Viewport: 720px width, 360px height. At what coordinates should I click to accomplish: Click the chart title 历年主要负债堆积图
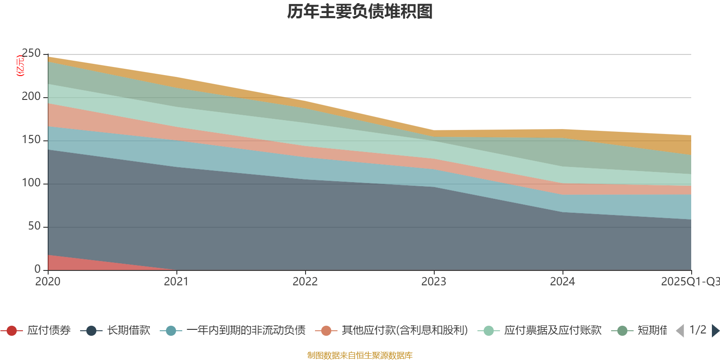(x=360, y=12)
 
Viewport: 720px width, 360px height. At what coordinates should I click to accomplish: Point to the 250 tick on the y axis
(x=31, y=54)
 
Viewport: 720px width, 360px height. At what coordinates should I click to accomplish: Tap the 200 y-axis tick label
(x=31, y=97)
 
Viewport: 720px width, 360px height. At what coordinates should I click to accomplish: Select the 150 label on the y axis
(x=31, y=140)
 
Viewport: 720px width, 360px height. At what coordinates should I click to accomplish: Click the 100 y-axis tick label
(x=31, y=183)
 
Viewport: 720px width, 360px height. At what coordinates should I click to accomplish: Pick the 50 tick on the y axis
(x=34, y=226)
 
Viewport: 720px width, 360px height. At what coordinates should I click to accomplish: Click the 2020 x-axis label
(x=48, y=282)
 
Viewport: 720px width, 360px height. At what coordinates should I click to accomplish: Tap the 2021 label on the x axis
(x=176, y=282)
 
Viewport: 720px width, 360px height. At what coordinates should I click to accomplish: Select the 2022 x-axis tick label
(x=305, y=282)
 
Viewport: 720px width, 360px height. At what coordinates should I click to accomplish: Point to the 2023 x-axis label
(x=434, y=282)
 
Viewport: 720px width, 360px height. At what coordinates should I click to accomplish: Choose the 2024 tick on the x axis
(x=562, y=282)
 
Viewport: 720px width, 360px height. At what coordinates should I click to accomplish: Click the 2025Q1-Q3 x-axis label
(x=689, y=282)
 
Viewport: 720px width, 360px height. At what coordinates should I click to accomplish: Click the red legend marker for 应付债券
(x=12, y=331)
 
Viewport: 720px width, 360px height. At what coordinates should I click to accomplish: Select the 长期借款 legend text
(x=128, y=331)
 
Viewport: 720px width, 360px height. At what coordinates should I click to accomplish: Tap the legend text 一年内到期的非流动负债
(x=246, y=331)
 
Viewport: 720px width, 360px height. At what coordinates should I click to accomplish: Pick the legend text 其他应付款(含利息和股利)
(x=405, y=331)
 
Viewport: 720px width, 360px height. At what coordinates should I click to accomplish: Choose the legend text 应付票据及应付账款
(x=553, y=331)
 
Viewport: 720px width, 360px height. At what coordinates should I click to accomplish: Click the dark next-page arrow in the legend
(x=715, y=331)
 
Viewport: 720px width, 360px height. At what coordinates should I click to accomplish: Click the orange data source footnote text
(x=360, y=355)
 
